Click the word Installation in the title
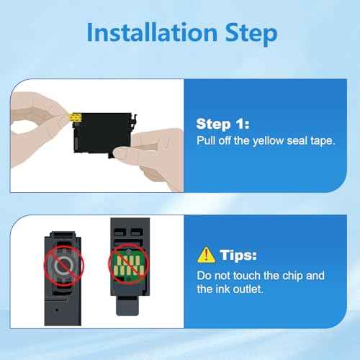pos(152,32)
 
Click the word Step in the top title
pos(251,34)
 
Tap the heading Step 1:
pos(222,124)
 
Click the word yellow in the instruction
pos(268,140)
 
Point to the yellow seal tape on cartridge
pos(75,118)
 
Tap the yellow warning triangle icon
pos(206,255)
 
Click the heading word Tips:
pos(238,255)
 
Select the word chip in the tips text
pos(293,276)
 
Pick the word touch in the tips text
pos(246,276)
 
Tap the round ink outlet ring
pos(63,266)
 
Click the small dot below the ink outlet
pos(57,310)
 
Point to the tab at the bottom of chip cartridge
pos(127,306)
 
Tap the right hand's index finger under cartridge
pos(135,152)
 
